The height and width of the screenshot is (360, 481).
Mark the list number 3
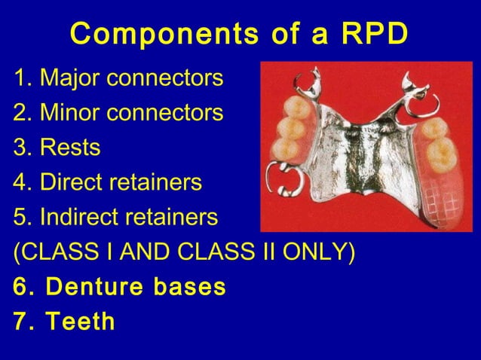coord(19,148)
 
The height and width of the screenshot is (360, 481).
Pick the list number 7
coord(20,322)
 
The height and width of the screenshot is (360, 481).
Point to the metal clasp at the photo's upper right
coord(411,87)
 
